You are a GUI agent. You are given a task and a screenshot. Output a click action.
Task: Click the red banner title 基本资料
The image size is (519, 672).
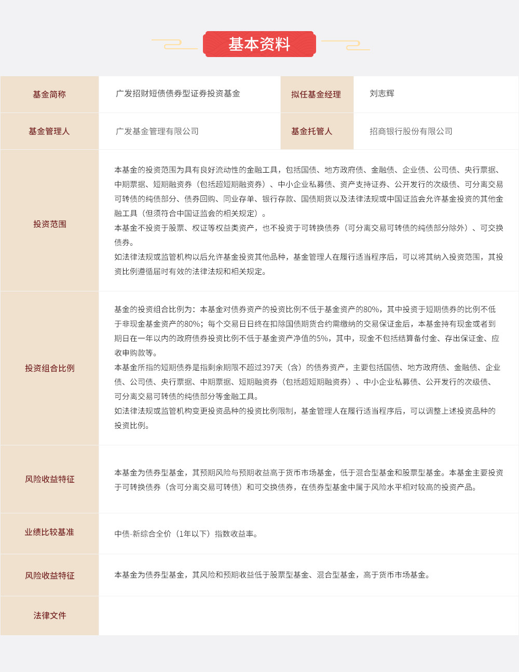coord(259,44)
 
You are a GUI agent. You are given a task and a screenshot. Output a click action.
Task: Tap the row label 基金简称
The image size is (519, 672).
coord(49,94)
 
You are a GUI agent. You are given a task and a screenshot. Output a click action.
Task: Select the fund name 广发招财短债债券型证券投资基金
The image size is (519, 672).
coord(178,94)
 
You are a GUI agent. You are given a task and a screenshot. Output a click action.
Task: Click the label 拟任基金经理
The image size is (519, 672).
coord(316,94)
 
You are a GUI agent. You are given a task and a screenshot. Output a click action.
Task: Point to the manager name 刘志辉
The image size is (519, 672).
coord(382,94)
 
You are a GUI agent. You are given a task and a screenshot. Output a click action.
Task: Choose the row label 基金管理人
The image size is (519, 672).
coord(49,131)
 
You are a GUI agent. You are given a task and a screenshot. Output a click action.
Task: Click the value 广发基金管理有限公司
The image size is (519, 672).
coord(157,132)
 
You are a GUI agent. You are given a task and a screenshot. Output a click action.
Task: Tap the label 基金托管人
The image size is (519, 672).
coord(311,131)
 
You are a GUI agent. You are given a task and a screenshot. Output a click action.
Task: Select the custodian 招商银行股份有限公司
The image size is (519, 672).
coord(411,132)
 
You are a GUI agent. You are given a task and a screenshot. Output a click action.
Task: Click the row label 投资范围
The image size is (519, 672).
coord(49,224)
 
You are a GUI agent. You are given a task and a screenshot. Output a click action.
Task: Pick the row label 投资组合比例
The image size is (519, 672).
coord(49,368)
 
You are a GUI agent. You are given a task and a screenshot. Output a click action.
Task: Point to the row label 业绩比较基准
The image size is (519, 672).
coord(49,532)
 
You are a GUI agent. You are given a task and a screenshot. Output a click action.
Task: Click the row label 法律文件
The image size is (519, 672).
coord(49,615)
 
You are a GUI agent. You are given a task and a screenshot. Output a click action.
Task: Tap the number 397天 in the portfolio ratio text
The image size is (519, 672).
coord(272,368)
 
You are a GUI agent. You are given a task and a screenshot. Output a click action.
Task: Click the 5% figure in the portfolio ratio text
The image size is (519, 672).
coord(322,339)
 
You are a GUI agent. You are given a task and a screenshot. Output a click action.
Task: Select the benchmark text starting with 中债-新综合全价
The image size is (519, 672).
coord(186,534)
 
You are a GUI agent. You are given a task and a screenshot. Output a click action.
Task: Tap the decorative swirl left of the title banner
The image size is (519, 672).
coord(174,45)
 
